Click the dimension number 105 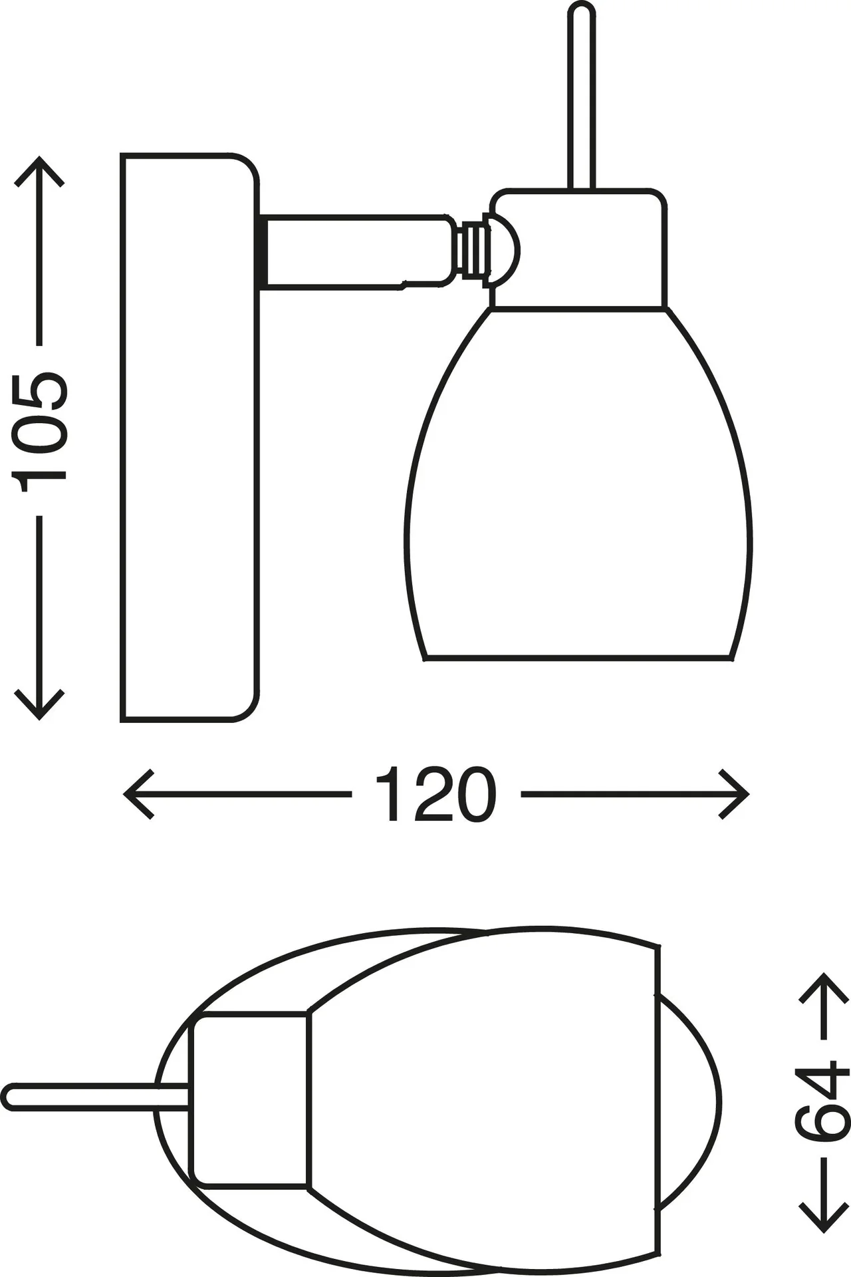tap(39, 431)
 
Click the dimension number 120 tap(435, 794)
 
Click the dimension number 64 tap(822, 1103)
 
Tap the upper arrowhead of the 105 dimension tap(39, 172)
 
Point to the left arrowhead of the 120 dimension tap(138, 794)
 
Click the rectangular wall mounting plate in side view tap(189, 438)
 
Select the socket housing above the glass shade tap(578, 249)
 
